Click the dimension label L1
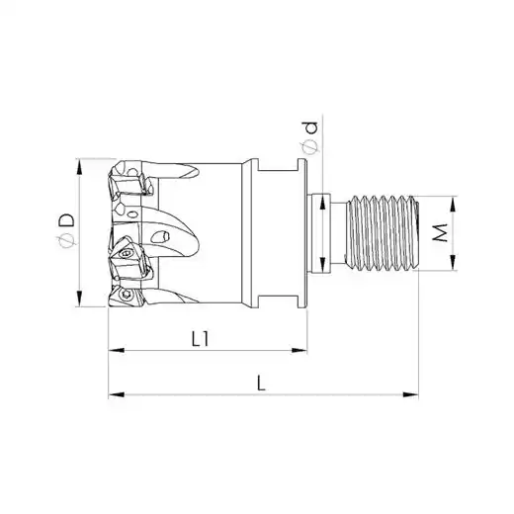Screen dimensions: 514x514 [x=200, y=339]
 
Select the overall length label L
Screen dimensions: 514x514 [x=261, y=384]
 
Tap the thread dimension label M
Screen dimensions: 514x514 [x=440, y=232]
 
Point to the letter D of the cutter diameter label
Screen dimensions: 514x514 [x=66, y=220]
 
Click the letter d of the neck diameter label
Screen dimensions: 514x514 [x=310, y=128]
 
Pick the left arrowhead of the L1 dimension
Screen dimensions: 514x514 [x=117, y=350]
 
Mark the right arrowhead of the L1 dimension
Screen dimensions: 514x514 [x=300, y=350]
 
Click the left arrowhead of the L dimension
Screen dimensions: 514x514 [x=117, y=394]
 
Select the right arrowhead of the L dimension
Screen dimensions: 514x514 [x=410, y=394]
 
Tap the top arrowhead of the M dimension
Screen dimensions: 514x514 [x=454, y=204]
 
